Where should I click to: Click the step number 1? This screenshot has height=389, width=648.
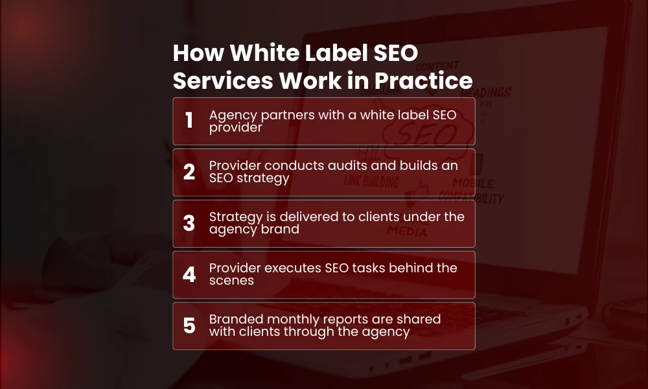pos(189,121)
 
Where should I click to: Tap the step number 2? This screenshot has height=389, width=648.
pos(189,172)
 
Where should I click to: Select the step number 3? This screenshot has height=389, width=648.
pos(189,223)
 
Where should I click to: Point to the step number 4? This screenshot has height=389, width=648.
pos(189,274)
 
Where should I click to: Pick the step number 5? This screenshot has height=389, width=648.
pos(189,325)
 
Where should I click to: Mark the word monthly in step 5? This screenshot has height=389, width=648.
pos(288,319)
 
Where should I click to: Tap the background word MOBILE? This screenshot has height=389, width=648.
pos(473,183)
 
